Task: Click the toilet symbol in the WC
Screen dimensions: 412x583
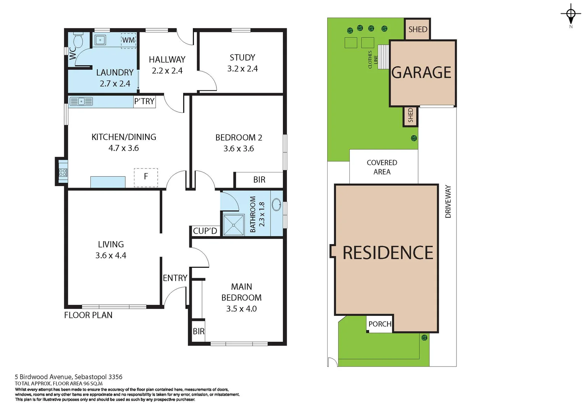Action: click(78, 39)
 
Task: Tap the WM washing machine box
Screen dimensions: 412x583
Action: click(128, 40)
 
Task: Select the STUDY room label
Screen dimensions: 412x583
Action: click(242, 58)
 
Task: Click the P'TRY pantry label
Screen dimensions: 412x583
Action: click(144, 101)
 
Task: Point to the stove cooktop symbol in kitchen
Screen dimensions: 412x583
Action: click(63, 172)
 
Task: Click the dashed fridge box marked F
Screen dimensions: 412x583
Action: click(146, 177)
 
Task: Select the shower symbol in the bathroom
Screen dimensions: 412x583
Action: click(234, 225)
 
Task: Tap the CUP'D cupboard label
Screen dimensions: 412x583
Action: click(205, 231)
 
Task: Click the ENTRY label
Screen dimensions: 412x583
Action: click(175, 278)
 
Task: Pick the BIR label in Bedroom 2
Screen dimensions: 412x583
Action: click(259, 180)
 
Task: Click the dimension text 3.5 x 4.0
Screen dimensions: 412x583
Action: click(241, 309)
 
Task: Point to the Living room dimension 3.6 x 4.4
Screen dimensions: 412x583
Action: click(111, 256)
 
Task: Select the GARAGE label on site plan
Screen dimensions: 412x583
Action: click(422, 72)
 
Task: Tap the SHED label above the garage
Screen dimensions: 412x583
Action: click(418, 29)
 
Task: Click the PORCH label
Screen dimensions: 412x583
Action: click(380, 324)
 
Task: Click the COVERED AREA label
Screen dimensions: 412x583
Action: click(382, 167)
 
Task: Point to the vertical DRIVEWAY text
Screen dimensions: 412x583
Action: click(448, 201)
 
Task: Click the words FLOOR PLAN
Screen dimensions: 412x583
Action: click(88, 315)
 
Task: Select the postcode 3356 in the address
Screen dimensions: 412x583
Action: click(115, 377)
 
